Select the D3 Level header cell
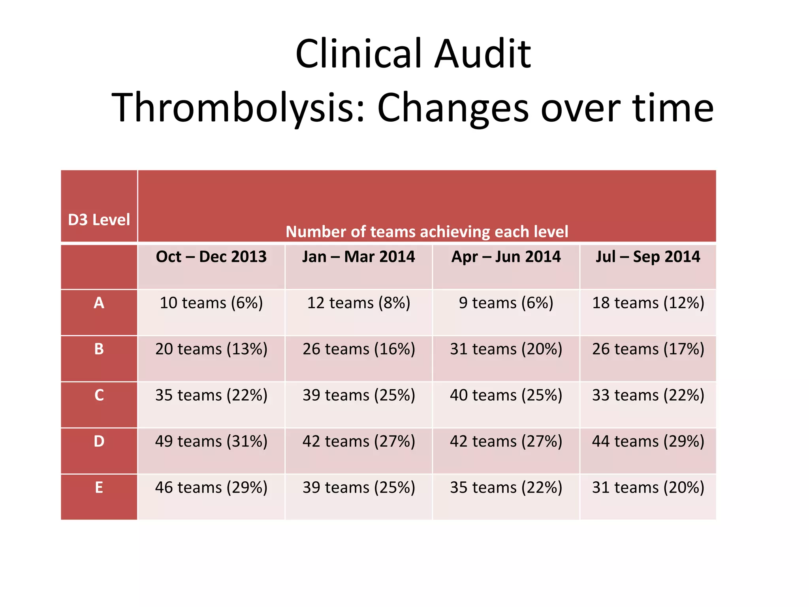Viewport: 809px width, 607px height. point(99,220)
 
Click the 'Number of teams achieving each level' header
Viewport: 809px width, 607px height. point(427,232)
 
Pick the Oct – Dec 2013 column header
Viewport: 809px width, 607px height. point(211,257)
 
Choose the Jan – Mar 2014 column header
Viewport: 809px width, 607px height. point(358,257)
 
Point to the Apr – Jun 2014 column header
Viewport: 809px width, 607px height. point(506,257)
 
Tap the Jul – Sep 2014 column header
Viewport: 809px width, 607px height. point(648,257)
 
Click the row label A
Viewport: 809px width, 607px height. point(99,303)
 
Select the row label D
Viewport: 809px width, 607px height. point(99,441)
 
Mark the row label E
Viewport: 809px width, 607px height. point(99,488)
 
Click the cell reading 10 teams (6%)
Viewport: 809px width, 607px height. point(211,303)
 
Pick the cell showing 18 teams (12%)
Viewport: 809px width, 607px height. point(648,303)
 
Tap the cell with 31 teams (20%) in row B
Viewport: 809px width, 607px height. point(506,349)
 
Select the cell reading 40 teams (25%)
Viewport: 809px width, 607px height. point(506,395)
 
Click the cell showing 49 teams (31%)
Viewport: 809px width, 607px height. point(211,441)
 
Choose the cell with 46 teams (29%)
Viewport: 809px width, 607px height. point(211,488)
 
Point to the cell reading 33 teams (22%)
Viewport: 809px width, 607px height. point(648,395)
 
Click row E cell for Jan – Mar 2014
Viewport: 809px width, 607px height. point(358,488)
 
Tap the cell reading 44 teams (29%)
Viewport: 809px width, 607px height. point(648,441)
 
